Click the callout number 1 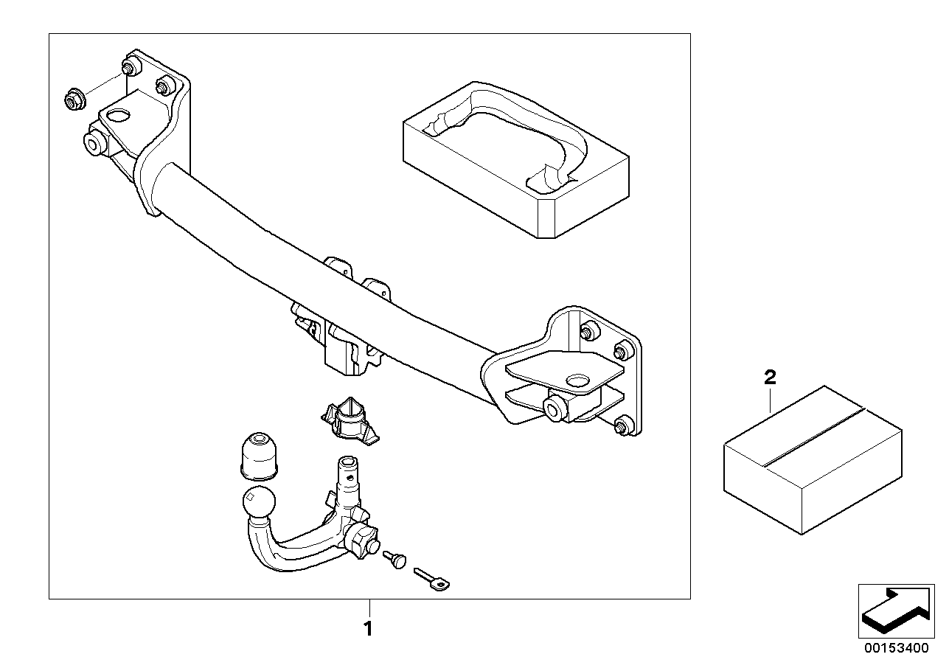[x=369, y=629]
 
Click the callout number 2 [x=770, y=377]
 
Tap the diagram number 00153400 [x=897, y=648]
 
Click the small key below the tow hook [x=431, y=580]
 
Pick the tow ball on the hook [x=259, y=501]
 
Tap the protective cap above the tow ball [x=259, y=456]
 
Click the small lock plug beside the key [x=394, y=560]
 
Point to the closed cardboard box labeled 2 [x=813, y=460]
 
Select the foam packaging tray [x=515, y=160]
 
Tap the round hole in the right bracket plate [x=577, y=380]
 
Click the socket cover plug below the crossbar [x=350, y=421]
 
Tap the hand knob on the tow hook [x=359, y=540]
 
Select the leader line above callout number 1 [x=369, y=608]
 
